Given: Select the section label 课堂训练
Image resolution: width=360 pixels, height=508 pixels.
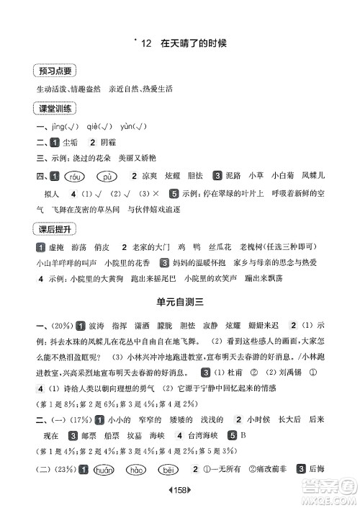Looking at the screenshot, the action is [x=54, y=108].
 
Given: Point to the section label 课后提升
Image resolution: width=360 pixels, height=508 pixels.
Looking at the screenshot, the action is [x=54, y=229].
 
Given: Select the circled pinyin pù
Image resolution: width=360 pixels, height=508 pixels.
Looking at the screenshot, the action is [x=105, y=177].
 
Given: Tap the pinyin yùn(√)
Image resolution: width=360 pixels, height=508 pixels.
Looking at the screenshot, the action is [x=134, y=125].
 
